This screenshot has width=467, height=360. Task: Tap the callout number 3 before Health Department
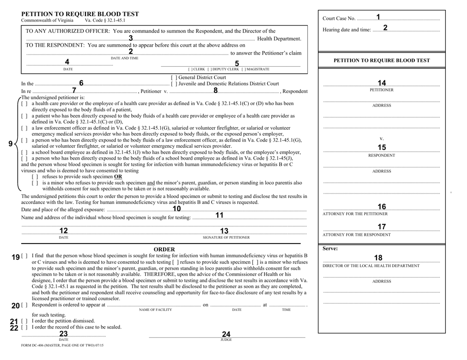(x=131, y=38)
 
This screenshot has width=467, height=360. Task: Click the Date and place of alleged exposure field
(x=177, y=210)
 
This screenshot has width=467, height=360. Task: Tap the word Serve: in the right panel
(x=329, y=249)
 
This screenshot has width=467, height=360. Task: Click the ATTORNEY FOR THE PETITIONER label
(x=355, y=214)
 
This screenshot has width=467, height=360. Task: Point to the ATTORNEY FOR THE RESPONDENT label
(x=356, y=234)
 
